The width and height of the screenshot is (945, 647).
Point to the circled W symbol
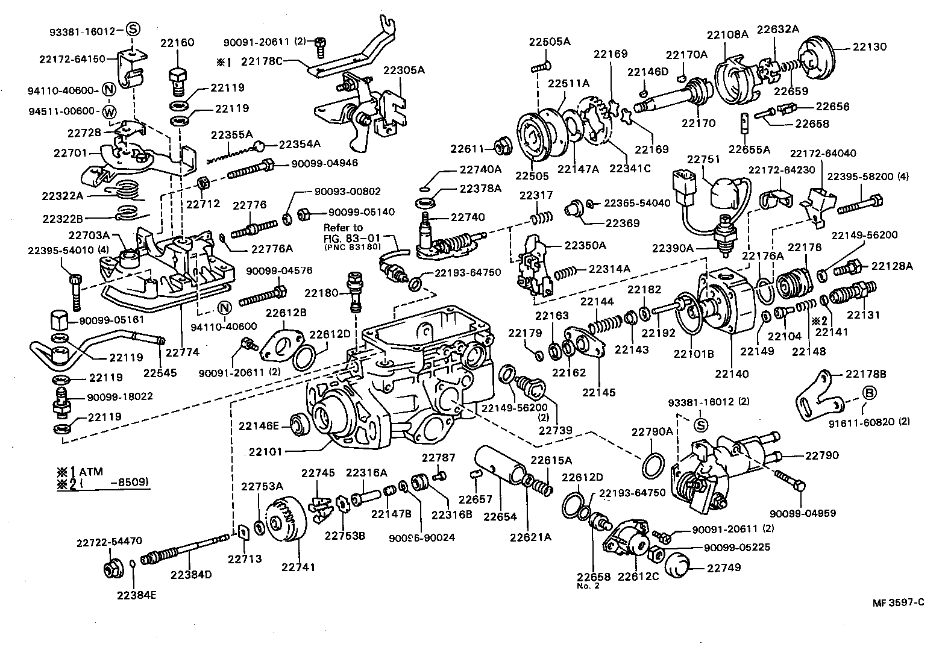(108, 112)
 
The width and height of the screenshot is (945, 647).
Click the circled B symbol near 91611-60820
(870, 393)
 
